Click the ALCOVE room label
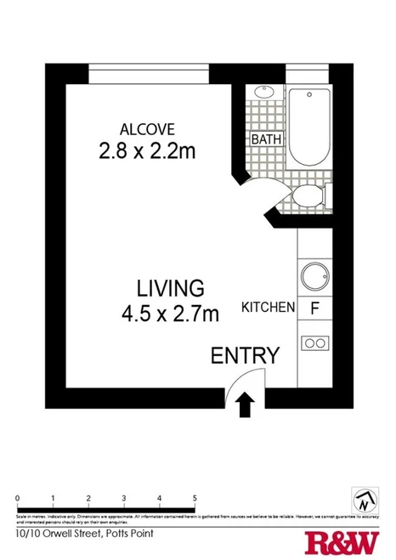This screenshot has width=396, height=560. point(147,130)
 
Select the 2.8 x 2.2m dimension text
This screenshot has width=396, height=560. point(147,152)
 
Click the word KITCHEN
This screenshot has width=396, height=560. point(269,308)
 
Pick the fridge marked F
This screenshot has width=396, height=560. point(314,308)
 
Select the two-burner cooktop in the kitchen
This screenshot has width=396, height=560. point(315,343)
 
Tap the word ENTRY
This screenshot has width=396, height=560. point(245,355)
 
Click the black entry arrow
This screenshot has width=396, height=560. point(246,404)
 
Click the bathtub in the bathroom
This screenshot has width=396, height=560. point(310,127)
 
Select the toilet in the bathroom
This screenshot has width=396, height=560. point(307,196)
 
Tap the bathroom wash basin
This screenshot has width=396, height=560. point(263,92)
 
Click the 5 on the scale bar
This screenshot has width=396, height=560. point(195,498)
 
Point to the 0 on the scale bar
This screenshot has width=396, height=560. point(18,498)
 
